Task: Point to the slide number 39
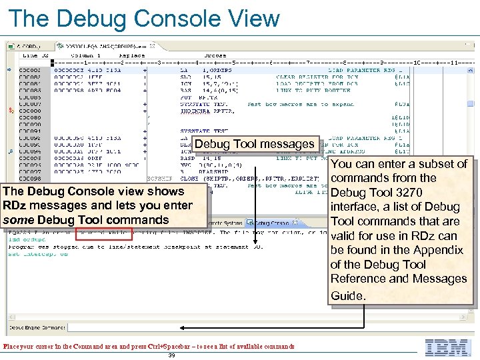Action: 171,356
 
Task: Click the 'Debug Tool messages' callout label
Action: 254,144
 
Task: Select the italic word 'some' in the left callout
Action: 19,220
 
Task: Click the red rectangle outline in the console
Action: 104,233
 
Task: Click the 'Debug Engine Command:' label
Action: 25,328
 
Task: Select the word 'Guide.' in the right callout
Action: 348,295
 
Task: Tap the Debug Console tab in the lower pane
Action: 272,223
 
